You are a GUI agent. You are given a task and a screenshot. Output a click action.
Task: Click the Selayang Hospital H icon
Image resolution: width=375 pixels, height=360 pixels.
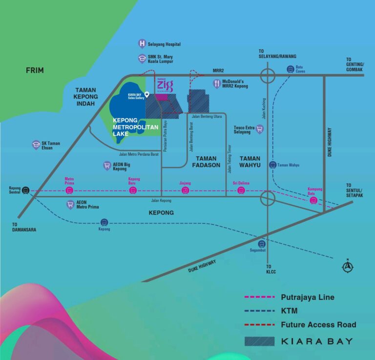coord(142,43)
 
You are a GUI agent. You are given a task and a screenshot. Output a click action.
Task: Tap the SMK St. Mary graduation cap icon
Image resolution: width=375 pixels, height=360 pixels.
coord(142,59)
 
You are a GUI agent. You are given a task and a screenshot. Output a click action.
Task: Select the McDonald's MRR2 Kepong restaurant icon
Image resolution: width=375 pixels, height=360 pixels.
coord(216,84)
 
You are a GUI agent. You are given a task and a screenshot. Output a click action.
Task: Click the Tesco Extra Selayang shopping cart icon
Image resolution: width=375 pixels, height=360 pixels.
coord(260,129)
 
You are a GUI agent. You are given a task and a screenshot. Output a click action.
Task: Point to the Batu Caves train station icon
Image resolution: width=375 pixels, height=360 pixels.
coord(291,69)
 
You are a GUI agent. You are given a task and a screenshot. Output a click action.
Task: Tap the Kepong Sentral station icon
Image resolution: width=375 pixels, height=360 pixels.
coord(26,191)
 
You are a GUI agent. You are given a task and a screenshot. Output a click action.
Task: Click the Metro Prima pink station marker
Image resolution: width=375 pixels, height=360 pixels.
coord(69,191)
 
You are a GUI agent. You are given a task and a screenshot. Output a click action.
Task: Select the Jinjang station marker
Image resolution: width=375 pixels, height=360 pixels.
coord(185,191)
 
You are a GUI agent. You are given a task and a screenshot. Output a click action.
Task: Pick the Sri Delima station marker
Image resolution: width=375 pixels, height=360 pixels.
coord(241,191)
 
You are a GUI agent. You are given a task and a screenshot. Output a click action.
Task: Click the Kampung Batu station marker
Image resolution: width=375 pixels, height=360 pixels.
coord(314,200)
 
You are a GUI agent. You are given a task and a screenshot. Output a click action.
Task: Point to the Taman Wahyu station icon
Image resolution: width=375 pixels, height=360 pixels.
coord(272,165)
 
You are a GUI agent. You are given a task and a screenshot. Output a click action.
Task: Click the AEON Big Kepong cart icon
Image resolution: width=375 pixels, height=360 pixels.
coord(107,166)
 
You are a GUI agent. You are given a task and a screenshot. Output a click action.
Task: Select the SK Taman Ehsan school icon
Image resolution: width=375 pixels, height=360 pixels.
coord(36,145)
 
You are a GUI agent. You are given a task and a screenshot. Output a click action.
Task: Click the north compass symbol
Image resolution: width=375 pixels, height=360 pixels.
coord(348,266)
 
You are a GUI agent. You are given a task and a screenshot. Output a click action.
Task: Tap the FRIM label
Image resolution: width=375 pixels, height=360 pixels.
coord(35,70)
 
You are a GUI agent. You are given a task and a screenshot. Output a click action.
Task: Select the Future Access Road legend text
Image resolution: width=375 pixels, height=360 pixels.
coord(318,324)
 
